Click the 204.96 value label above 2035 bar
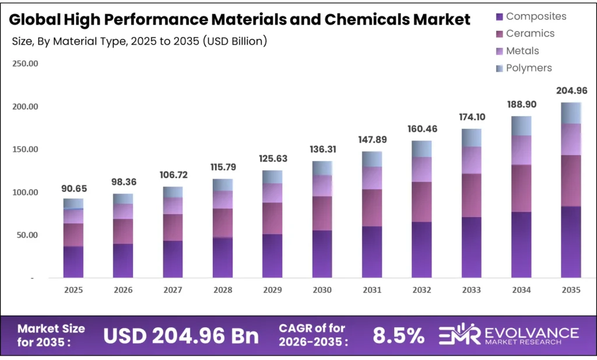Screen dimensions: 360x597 [x=571, y=90]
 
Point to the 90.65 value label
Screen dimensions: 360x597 [x=73, y=188]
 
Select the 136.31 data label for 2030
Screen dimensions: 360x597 [x=322, y=150]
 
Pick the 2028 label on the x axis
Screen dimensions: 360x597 [x=222, y=289]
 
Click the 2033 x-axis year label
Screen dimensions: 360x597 [x=471, y=289]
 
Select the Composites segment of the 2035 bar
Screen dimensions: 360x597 [x=571, y=242]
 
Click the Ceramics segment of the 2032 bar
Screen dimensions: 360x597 [x=422, y=202]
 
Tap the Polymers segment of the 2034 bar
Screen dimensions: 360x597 [x=521, y=125]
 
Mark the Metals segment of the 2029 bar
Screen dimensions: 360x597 [x=272, y=193]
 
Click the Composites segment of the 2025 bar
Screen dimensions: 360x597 [x=73, y=262]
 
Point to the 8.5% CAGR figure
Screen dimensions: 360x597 [x=399, y=335]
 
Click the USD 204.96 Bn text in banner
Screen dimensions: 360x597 [x=181, y=335]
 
